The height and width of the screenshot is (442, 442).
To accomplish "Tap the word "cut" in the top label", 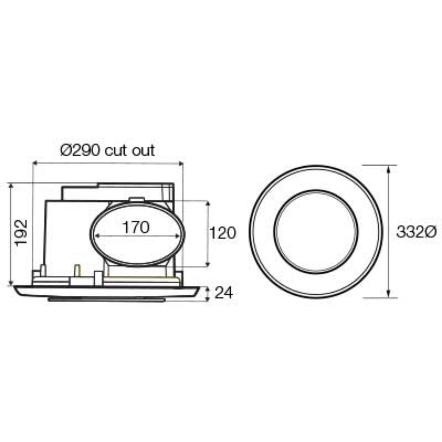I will coord(118,151).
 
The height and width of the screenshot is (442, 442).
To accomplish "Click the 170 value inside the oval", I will coord(136,228).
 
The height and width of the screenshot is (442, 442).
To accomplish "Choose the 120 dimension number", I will coord(222,233).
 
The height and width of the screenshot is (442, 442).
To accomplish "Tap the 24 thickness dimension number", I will coord(223,292).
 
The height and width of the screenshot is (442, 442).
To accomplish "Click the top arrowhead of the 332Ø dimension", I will coord(388,168).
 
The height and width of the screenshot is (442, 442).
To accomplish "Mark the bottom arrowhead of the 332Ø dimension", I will coord(388,295).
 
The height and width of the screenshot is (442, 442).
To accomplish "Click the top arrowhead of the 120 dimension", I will coord(207,204).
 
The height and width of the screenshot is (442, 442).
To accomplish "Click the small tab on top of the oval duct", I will coord(137,200).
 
